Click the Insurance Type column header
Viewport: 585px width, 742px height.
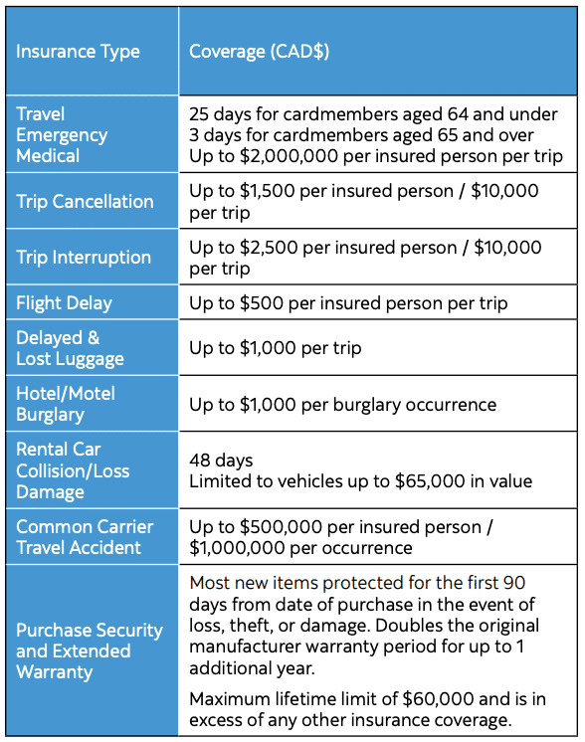(x=78, y=52)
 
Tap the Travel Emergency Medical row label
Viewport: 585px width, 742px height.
(x=62, y=134)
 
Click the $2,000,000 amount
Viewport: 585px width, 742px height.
(x=296, y=156)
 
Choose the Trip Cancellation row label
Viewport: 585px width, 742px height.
(x=85, y=202)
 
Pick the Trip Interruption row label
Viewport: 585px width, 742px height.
(x=84, y=258)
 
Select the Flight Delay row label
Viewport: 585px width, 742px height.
(x=64, y=303)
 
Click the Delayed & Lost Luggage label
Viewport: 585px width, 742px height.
(x=70, y=348)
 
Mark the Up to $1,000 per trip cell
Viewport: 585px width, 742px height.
(x=276, y=348)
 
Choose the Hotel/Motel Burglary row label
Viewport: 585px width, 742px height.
(x=66, y=404)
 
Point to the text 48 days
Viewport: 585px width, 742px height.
(x=221, y=461)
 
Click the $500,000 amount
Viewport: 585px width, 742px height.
(x=281, y=527)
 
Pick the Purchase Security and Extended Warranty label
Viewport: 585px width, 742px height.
(x=89, y=651)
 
